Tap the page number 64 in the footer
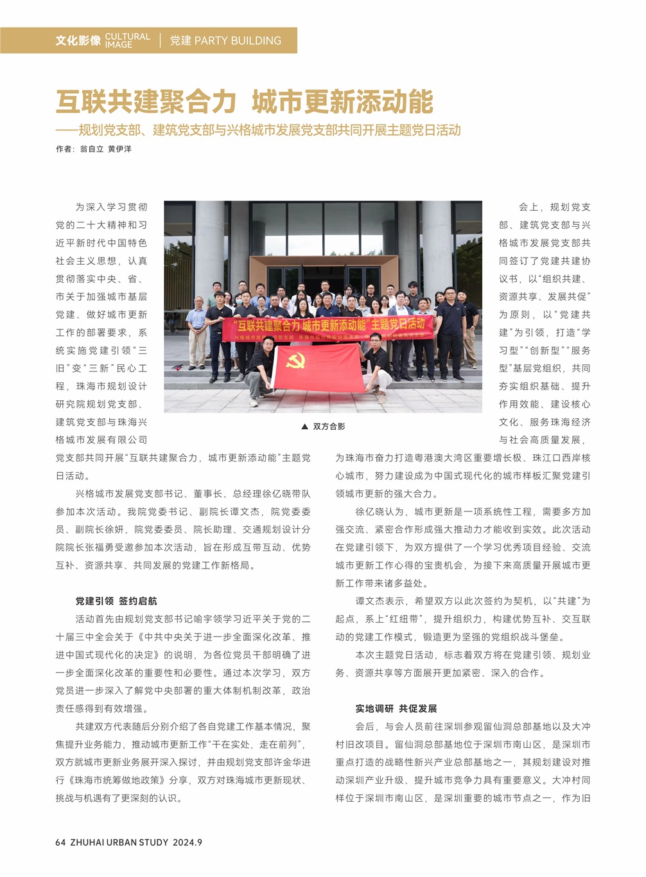pos(60,842)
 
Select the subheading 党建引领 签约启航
pos(116,601)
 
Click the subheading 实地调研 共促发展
pos(396,708)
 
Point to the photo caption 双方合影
pos(329,427)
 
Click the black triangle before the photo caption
pos(304,427)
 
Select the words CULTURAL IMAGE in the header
pos(127,40)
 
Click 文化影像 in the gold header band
pos(78,40)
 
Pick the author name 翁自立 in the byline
pos(91,148)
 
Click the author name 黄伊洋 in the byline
pos(119,148)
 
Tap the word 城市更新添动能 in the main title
pos(342,102)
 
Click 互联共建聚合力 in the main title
pos(146,102)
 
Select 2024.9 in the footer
pos(188,842)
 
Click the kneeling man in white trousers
pos(377,369)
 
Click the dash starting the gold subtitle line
pos(66,130)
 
